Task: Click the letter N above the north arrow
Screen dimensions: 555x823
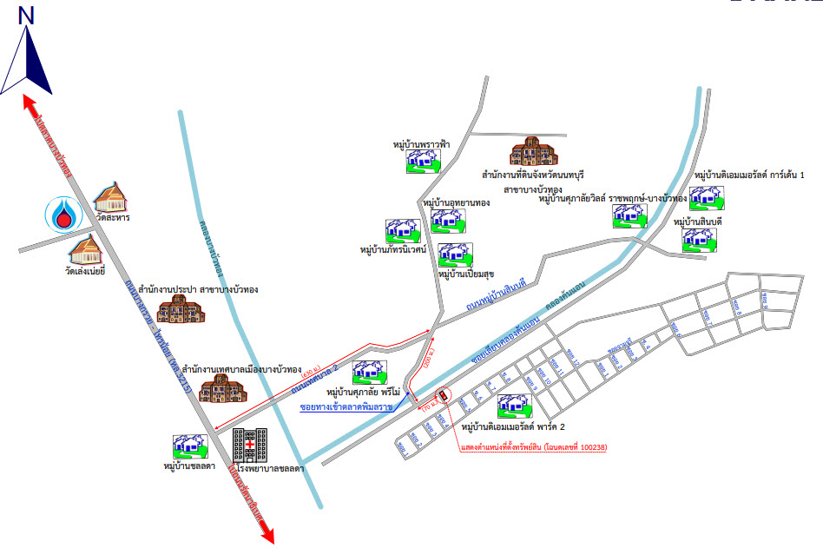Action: pyautogui.click(x=26, y=15)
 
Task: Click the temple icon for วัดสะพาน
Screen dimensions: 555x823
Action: pyautogui.click(x=110, y=199)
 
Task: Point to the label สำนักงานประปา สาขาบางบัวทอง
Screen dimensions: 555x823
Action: pyautogui.click(x=204, y=288)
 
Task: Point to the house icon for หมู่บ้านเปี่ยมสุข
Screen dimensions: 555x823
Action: pyautogui.click(x=456, y=255)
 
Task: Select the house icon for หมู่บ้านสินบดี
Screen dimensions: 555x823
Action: pyautogui.click(x=699, y=240)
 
